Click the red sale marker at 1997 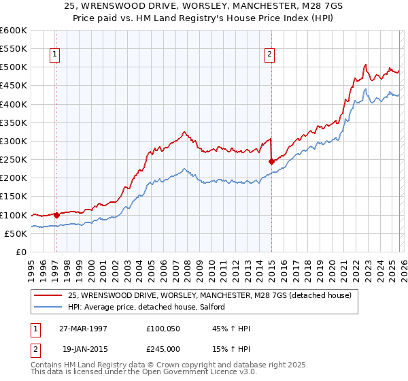pos(57,215)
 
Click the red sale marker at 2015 pos(271,161)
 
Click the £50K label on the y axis pos(16,233)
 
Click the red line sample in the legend pos(48,296)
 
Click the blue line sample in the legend pos(48,308)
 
